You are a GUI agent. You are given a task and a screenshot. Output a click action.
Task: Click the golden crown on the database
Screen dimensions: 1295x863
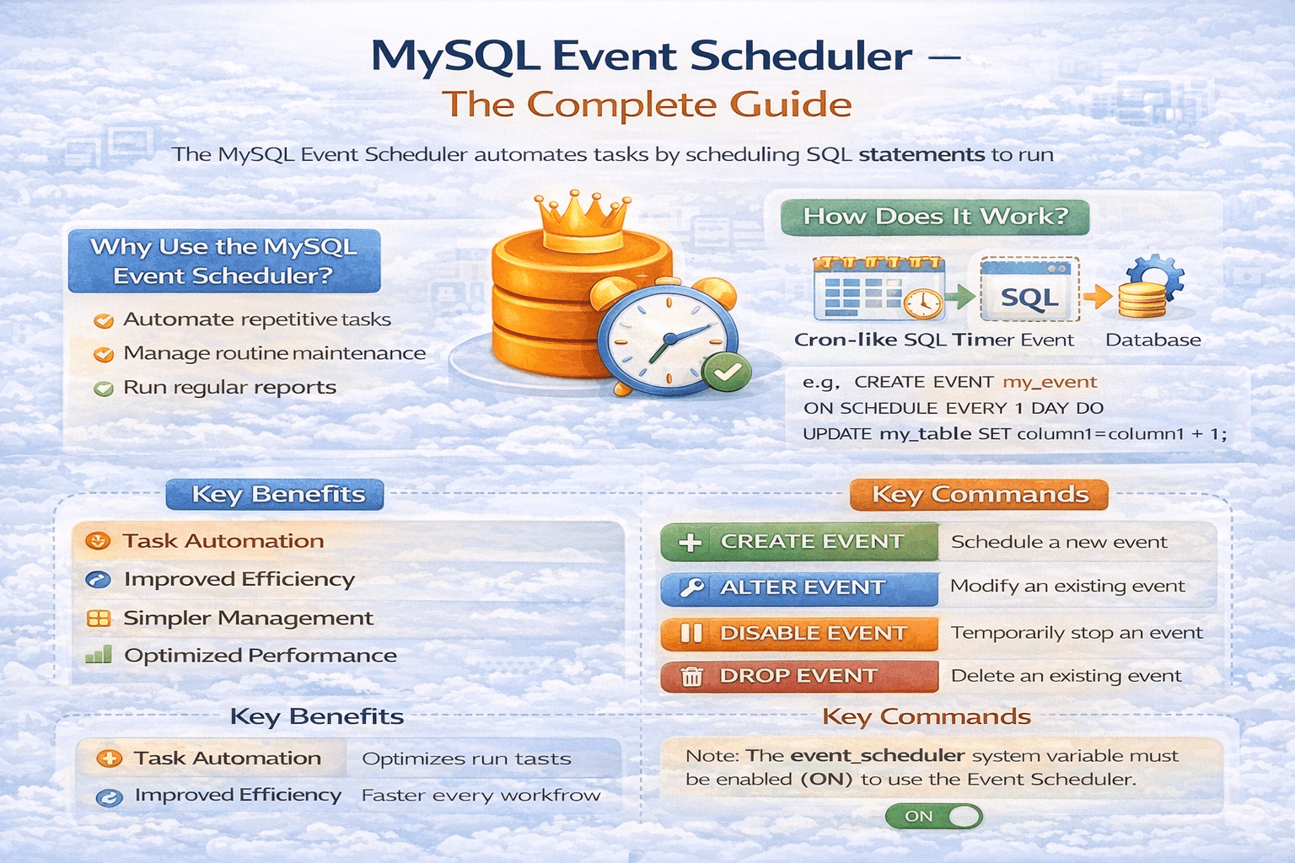point(583,222)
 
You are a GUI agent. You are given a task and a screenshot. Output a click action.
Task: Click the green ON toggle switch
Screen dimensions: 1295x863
point(933,816)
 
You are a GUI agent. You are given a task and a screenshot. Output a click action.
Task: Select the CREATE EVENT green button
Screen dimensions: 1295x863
point(799,542)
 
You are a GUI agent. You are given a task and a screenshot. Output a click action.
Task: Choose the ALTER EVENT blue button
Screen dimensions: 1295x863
point(799,588)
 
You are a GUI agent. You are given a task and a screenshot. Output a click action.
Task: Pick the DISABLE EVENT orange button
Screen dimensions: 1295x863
point(799,634)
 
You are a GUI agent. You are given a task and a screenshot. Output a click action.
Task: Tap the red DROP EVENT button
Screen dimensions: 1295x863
point(799,676)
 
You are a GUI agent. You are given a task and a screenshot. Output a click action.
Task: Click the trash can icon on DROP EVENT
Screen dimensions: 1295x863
point(691,676)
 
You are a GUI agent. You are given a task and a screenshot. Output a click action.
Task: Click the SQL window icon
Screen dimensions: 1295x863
point(1029,289)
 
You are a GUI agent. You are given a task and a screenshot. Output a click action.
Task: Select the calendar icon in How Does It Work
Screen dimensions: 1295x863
point(879,288)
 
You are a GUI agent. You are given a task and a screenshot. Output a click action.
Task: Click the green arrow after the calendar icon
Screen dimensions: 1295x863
point(960,297)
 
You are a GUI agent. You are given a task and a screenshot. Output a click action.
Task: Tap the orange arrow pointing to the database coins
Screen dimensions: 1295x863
point(1097,297)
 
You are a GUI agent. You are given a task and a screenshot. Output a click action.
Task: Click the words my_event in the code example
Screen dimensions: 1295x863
point(1050,383)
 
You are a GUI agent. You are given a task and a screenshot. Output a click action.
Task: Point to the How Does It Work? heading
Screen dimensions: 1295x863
point(935,217)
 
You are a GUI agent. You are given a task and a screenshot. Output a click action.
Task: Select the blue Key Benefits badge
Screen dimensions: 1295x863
point(275,494)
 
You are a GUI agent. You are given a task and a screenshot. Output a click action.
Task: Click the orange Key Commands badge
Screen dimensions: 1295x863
point(979,495)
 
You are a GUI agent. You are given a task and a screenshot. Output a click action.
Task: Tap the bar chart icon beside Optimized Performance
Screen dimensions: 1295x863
point(99,654)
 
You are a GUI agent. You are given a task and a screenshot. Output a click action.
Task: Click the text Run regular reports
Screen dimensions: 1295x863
point(229,388)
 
